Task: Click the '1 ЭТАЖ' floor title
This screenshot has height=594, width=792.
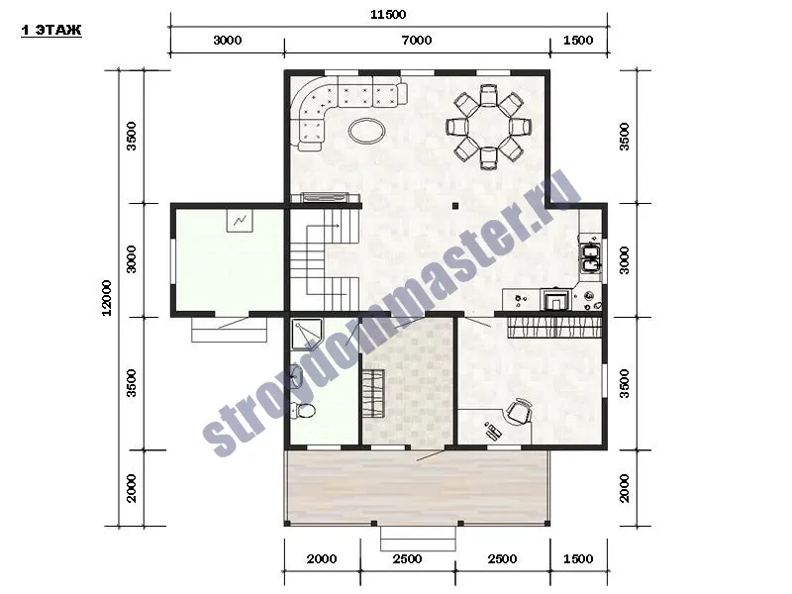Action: (51, 31)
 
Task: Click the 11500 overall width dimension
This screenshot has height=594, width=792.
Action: (388, 14)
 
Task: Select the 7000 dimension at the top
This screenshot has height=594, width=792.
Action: (417, 40)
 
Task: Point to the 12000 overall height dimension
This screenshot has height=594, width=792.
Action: (107, 298)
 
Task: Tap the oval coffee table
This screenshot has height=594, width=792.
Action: (366, 131)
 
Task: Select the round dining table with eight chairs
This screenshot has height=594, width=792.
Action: (489, 127)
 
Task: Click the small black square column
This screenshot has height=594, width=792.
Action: (455, 206)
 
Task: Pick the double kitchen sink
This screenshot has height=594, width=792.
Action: (590, 257)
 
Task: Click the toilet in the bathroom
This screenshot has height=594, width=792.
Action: (304, 410)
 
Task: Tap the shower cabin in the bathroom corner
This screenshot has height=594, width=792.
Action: (306, 335)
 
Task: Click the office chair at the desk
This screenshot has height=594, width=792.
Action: (519, 411)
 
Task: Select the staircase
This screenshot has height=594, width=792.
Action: (325, 259)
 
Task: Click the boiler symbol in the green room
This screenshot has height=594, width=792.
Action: (240, 221)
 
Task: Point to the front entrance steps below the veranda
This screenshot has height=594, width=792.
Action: (418, 539)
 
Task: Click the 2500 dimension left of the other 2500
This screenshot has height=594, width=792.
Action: (407, 558)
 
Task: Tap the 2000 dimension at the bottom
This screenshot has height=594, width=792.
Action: (322, 558)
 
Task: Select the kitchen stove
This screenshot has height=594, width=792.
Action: (553, 299)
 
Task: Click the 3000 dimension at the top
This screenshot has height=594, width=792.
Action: (228, 40)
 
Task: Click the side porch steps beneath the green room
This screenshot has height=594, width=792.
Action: (230, 330)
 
